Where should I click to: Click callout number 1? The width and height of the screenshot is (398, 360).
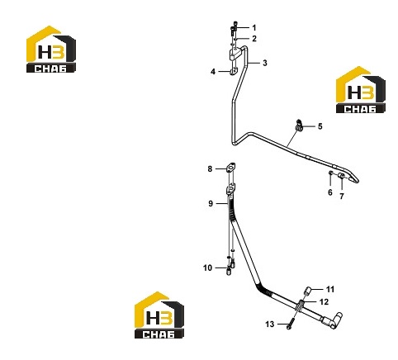pos(254,28)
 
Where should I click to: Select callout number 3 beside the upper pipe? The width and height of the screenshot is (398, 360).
pos(265,63)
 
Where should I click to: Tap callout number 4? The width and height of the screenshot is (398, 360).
pos(213,72)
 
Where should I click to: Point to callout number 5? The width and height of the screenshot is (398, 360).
pos(320,126)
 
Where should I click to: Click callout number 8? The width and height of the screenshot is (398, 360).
pos(210,168)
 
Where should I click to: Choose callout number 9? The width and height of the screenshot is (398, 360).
pos(211,204)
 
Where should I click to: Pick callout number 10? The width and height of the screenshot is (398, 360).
pos(207,268)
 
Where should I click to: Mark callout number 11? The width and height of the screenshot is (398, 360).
pos(330,289)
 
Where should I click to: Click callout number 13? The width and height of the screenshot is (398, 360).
pos(270,324)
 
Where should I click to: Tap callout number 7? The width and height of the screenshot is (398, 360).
pos(342,197)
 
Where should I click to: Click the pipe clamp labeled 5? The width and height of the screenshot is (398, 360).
pos(299,126)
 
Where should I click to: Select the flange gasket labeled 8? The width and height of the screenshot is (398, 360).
pos(231,168)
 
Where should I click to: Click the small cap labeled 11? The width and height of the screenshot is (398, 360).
pos(307,291)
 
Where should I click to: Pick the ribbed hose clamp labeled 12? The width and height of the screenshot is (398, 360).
pos(300,306)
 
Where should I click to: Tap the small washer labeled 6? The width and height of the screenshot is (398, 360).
pos(331,173)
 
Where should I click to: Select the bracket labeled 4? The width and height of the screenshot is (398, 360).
pos(234,73)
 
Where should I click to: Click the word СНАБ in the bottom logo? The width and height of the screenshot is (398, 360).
pos(159,334)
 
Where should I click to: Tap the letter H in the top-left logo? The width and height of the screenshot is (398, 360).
pos(45,52)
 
